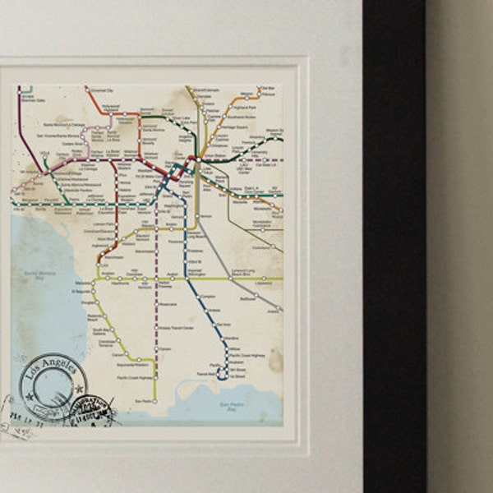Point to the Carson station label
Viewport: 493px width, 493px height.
click(x=165, y=348)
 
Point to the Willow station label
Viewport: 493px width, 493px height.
click(x=235, y=348)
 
